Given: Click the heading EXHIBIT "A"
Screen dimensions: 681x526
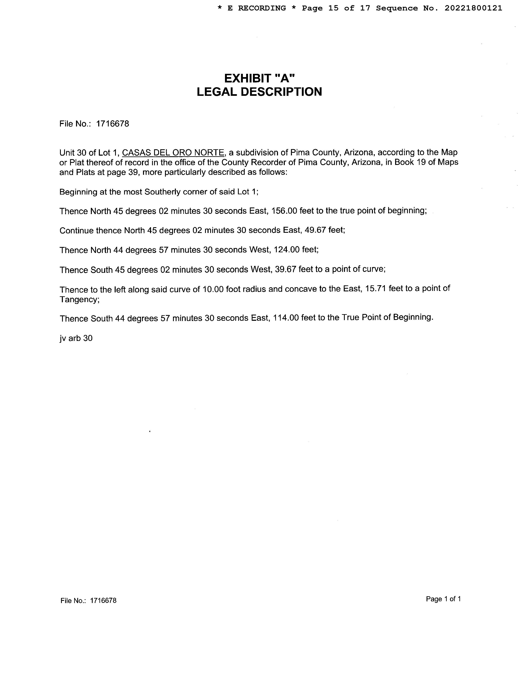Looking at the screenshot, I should (x=259, y=78).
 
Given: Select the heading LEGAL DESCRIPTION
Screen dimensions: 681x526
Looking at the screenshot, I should (x=259, y=92).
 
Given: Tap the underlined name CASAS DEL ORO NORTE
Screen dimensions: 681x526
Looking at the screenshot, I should (x=173, y=153).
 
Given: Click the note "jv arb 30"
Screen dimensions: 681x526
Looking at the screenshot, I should (x=76, y=338).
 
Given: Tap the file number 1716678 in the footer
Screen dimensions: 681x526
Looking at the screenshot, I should (x=103, y=601).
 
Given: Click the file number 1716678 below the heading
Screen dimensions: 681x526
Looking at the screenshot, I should (x=112, y=124).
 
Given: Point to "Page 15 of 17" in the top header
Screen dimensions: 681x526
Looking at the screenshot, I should (x=336, y=8).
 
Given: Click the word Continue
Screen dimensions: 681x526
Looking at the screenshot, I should (x=76, y=230).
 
